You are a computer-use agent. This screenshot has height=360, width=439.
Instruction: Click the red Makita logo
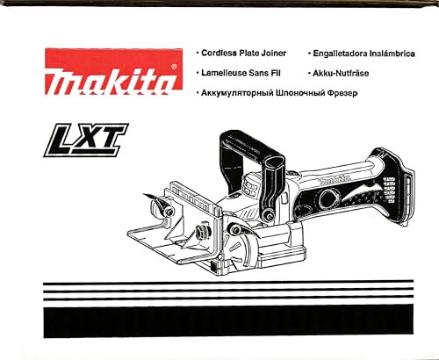tap(114, 71)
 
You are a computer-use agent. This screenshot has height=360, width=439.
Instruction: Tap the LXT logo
tap(86, 140)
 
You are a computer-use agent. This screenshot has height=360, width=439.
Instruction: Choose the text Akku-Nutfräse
tap(341, 73)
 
